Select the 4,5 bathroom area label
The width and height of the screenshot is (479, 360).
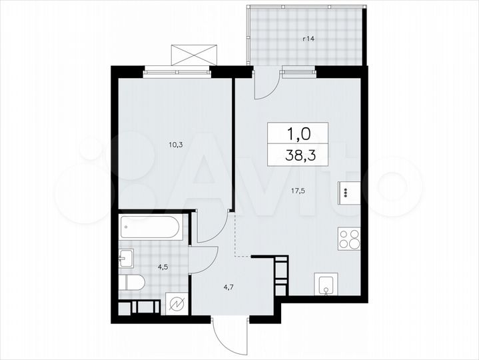point(163,267)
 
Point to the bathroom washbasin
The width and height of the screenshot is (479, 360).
point(127,258)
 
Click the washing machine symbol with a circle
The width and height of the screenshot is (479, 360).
point(178,305)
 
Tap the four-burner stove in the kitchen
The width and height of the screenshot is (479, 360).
point(349,239)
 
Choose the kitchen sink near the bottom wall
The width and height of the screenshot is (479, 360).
point(326,285)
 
